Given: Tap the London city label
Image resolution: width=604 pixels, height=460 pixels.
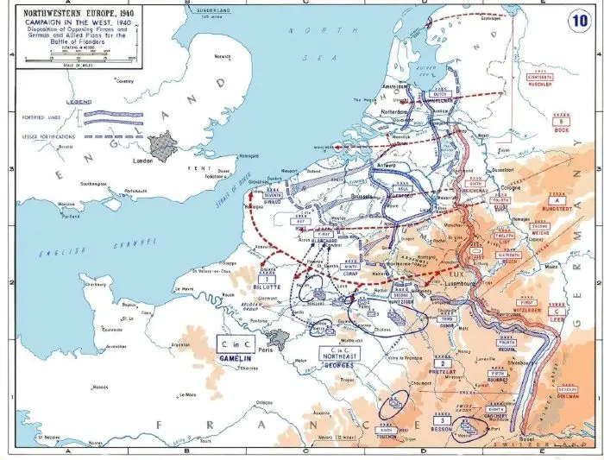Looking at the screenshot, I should (141, 161).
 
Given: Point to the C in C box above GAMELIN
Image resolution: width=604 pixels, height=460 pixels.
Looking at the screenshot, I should (234, 343).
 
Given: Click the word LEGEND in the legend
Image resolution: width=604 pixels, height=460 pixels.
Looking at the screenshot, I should (79, 101).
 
